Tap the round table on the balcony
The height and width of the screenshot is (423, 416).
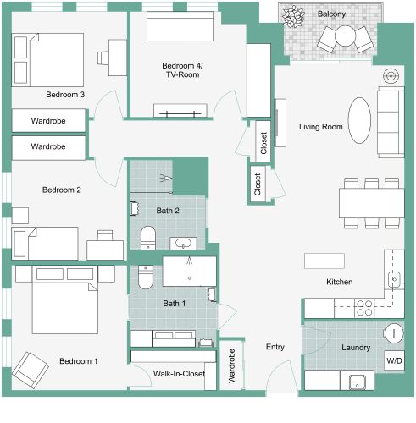(x=346, y=36)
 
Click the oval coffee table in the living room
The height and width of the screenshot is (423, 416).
(x=360, y=121)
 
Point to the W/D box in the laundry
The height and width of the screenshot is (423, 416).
(x=395, y=360)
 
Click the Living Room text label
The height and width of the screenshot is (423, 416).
(x=320, y=127)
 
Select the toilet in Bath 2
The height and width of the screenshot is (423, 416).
(x=147, y=236)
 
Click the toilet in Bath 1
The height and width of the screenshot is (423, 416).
(x=144, y=277)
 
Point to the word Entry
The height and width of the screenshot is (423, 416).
(x=275, y=347)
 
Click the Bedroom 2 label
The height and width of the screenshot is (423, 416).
(x=61, y=190)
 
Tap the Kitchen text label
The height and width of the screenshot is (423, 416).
(x=340, y=282)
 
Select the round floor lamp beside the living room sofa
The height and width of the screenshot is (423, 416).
(x=391, y=75)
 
